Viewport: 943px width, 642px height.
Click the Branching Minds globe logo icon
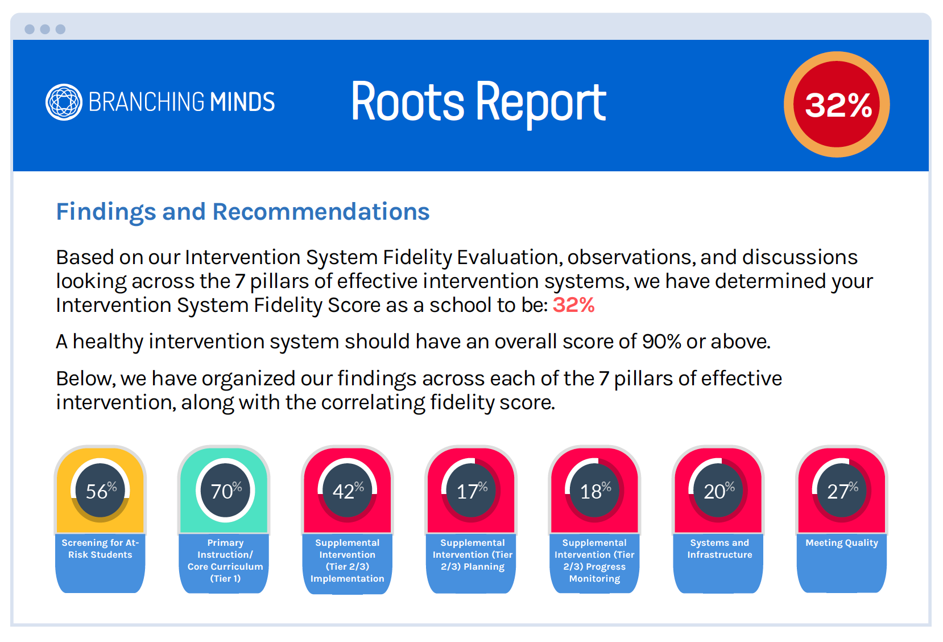(64, 102)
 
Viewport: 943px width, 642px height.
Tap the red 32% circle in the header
(837, 105)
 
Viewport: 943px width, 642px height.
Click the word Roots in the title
(407, 102)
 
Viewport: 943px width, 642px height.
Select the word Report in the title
(541, 105)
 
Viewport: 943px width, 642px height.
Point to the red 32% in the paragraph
(573, 304)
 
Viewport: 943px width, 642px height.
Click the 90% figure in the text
(661, 341)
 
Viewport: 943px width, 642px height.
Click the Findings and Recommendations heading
(243, 212)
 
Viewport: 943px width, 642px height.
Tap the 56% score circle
(100, 491)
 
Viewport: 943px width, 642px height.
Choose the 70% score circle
(225, 491)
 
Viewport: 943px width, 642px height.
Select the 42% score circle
(348, 491)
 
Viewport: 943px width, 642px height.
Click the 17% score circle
(471, 491)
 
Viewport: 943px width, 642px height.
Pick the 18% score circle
(594, 491)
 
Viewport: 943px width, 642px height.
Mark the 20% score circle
(718, 491)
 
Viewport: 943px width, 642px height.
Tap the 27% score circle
(842, 491)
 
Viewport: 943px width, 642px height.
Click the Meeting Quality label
(842, 542)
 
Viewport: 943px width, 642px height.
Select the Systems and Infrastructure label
(719, 549)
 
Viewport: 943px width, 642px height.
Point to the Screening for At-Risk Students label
(100, 549)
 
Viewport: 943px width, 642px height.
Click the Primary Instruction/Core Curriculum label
(225, 560)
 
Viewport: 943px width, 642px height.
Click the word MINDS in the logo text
(242, 102)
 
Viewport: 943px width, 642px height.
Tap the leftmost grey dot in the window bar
(30, 29)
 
